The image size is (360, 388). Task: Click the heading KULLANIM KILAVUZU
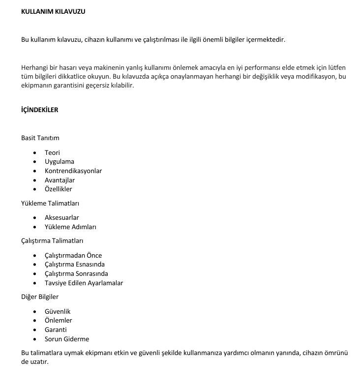coord(53,11)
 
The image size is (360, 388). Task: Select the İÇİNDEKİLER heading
coord(39,110)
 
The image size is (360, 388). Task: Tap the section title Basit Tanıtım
coord(40,138)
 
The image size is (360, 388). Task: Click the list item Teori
coord(52,152)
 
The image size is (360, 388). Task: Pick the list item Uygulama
coord(60,161)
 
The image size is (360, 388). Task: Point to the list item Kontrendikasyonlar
coord(73,171)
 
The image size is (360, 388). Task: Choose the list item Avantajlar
coord(60,180)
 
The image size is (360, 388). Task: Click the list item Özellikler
coord(59,189)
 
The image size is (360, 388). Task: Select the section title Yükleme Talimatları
coord(50,203)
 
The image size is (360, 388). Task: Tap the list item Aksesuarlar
coord(62,217)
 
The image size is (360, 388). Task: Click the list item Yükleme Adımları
coord(70,227)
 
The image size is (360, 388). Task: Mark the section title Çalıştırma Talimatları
coord(52,241)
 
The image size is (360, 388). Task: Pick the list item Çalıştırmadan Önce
coord(73,255)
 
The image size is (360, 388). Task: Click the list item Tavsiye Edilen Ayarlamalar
coord(84,283)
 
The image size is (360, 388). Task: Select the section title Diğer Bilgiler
coord(40,297)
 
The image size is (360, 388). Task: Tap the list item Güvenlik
coord(58,311)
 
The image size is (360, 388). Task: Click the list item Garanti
coord(56,329)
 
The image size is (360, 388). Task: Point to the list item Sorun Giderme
coord(67,339)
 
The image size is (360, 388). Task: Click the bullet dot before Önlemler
coord(34,321)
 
